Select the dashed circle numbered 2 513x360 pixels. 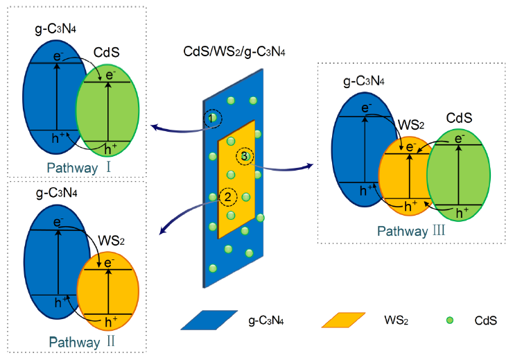229,198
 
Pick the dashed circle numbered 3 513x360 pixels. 245,157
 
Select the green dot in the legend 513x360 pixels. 449,320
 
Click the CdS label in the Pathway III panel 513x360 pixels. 458,119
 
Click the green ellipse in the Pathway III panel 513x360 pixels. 461,173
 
